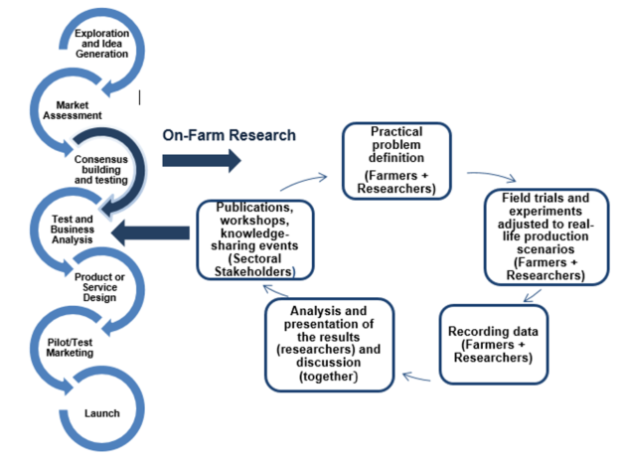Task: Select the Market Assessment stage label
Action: (x=79, y=109)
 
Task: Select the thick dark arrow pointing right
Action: (x=201, y=160)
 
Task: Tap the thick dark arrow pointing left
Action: (x=153, y=234)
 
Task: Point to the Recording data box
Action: (x=490, y=344)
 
